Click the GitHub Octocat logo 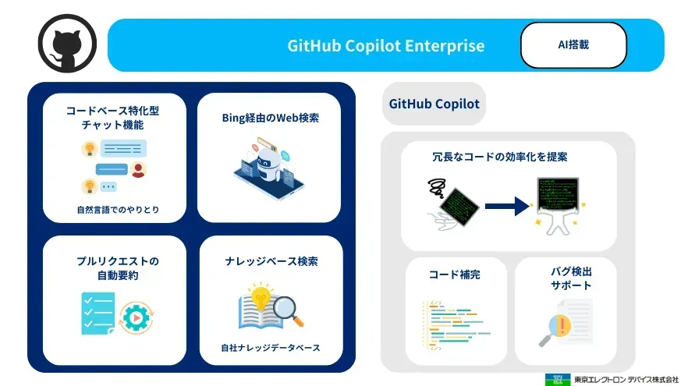(66, 44)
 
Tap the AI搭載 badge (573, 44)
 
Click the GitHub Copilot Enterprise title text (385, 45)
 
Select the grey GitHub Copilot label (434, 104)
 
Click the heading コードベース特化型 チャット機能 (113, 117)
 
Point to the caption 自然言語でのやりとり (113, 209)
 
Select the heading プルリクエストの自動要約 (113, 268)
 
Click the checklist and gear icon (112, 313)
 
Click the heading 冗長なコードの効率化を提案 (500, 157)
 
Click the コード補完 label (455, 275)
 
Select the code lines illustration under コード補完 (456, 321)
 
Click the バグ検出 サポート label (566, 278)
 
